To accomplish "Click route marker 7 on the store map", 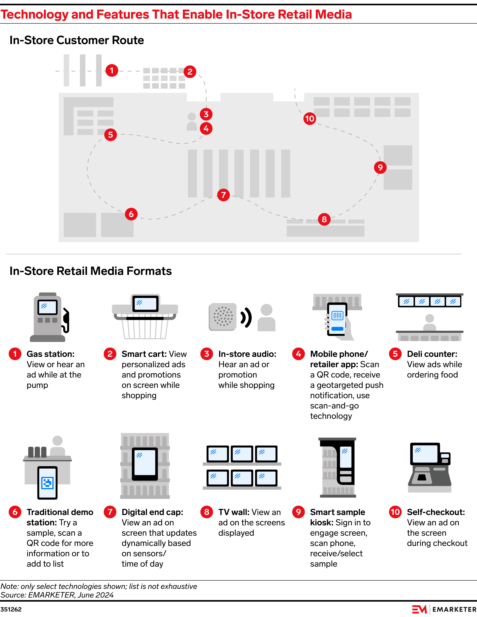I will pos(223,195).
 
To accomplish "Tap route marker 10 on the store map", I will pos(310,119).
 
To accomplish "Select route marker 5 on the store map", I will pos(111,135).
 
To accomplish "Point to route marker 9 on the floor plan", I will pos(380,168).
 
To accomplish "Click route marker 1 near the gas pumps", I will pos(112,70).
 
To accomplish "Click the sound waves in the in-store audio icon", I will pos(246,317).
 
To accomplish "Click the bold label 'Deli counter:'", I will pos(432,354).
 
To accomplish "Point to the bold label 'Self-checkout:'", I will pos(436,512).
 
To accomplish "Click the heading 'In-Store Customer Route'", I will pos(77,40).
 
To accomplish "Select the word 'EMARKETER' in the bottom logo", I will pos(454,609).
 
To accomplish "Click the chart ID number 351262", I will pos(11,609).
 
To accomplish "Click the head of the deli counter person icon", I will pos(429,318).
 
